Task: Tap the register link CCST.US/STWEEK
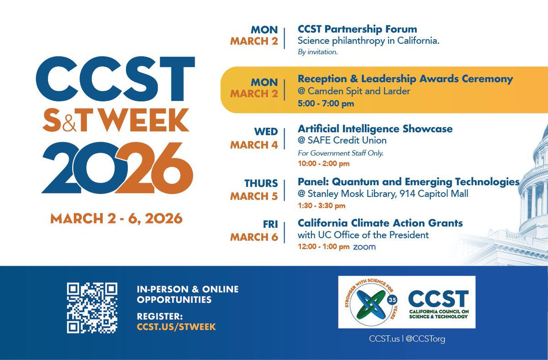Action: pyautogui.click(x=176, y=327)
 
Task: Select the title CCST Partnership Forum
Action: pyautogui.click(x=357, y=30)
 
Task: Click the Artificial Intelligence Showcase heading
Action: pyautogui.click(x=375, y=129)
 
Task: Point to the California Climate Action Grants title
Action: pyautogui.click(x=380, y=223)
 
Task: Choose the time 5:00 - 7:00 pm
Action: pyautogui.click(x=326, y=104)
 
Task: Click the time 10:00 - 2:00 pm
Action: pyautogui.click(x=323, y=163)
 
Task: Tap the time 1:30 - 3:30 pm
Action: pyautogui.click(x=321, y=206)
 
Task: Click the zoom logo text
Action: pyautogui.click(x=364, y=247)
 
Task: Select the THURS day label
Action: pyautogui.click(x=261, y=183)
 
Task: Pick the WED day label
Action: pyautogui.click(x=266, y=132)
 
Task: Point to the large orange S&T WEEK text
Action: pyautogui.click(x=116, y=120)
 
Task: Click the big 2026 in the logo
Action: pyautogui.click(x=117, y=168)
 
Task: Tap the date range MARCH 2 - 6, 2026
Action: pyautogui.click(x=116, y=219)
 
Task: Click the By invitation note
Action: pyautogui.click(x=318, y=52)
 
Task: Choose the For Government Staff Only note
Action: pyautogui.click(x=341, y=153)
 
